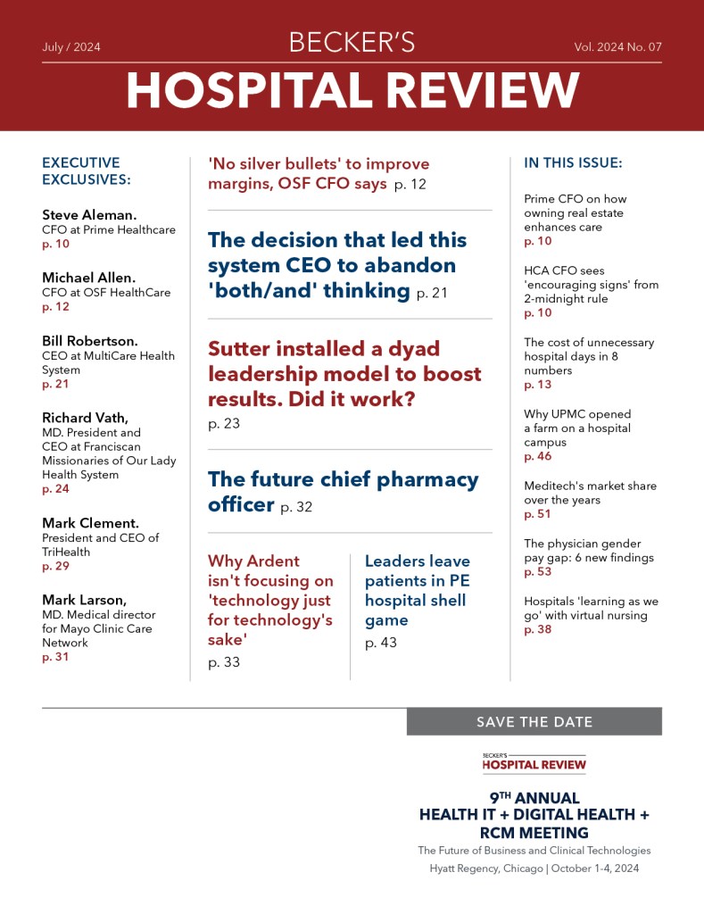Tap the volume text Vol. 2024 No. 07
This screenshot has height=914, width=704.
pyautogui.click(x=617, y=46)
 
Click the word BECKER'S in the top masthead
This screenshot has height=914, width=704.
pyautogui.click(x=352, y=42)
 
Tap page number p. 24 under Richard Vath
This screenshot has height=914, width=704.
pyautogui.click(x=55, y=489)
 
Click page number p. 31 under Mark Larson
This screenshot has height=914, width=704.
pyautogui.click(x=55, y=657)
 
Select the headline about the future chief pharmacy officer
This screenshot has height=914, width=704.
pyautogui.click(x=343, y=491)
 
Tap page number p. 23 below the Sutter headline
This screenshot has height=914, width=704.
pyautogui.click(x=224, y=424)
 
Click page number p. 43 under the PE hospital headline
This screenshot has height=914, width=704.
pyautogui.click(x=381, y=643)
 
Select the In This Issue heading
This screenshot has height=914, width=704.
pyautogui.click(x=573, y=163)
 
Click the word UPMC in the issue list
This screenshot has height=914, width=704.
pyautogui.click(x=567, y=414)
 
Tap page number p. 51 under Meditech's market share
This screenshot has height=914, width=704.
pyautogui.click(x=538, y=514)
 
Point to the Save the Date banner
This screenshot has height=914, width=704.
pyautogui.click(x=534, y=722)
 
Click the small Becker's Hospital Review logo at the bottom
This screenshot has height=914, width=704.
pyautogui.click(x=534, y=761)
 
